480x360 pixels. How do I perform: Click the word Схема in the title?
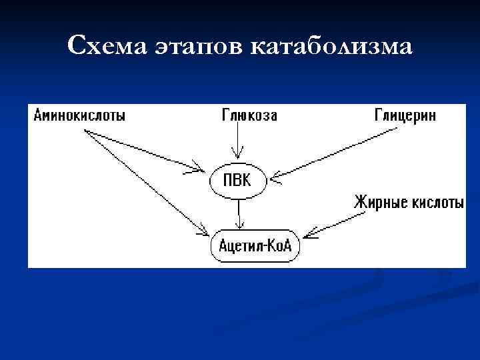[x=109, y=46]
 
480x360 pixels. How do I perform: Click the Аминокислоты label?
[x=79, y=115]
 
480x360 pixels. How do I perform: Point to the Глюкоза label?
[x=249, y=115]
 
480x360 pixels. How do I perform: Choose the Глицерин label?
[x=405, y=115]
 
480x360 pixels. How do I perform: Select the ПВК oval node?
[x=237, y=180]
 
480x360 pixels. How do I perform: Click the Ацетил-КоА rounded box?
[x=255, y=246]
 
